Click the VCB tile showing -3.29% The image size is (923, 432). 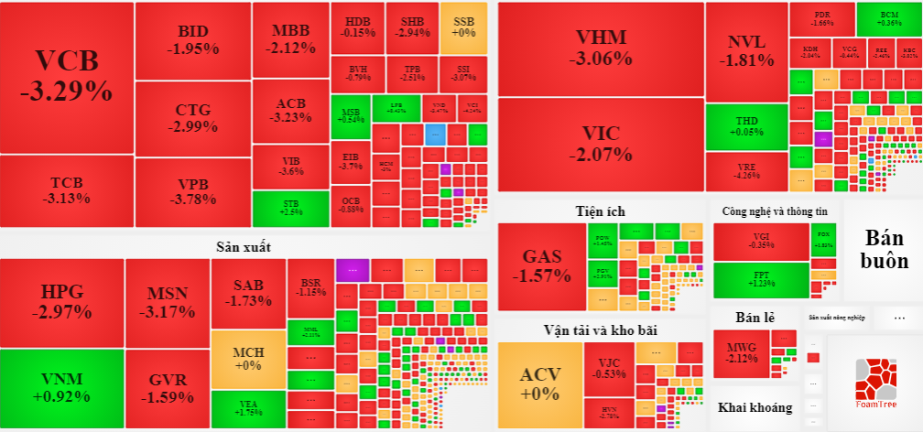[67, 77]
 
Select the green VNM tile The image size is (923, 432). [60, 388]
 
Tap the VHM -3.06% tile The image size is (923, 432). [601, 49]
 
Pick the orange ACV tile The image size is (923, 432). [539, 383]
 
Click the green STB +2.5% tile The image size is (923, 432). [291, 207]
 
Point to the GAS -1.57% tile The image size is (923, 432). [540, 265]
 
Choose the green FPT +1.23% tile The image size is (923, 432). [761, 279]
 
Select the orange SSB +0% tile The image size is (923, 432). [464, 27]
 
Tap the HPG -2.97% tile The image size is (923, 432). [61, 302]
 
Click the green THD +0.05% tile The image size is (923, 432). [746, 126]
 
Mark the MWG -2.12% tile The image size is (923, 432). [742, 353]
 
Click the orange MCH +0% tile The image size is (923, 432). [247, 358]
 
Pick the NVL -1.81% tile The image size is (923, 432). [745, 51]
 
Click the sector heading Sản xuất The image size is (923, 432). [244, 246]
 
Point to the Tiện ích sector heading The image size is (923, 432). [601, 211]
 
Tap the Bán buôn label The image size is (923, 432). [883, 247]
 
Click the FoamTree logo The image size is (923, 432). [874, 383]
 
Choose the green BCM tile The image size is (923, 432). [888, 18]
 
